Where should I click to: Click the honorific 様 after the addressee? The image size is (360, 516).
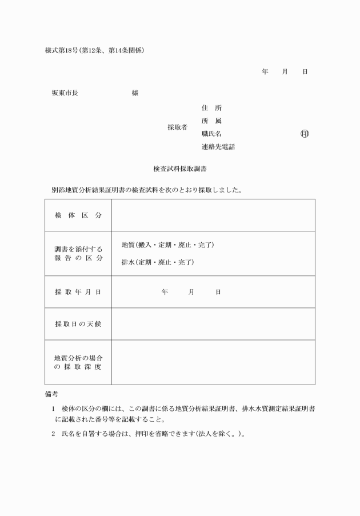(135, 93)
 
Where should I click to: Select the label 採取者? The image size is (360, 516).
(177, 127)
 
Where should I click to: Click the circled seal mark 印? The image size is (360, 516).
(305, 134)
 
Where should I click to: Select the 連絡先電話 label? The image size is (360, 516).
(218, 147)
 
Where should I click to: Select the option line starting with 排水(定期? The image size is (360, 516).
(158, 262)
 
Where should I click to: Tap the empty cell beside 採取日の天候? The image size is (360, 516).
(213, 324)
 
